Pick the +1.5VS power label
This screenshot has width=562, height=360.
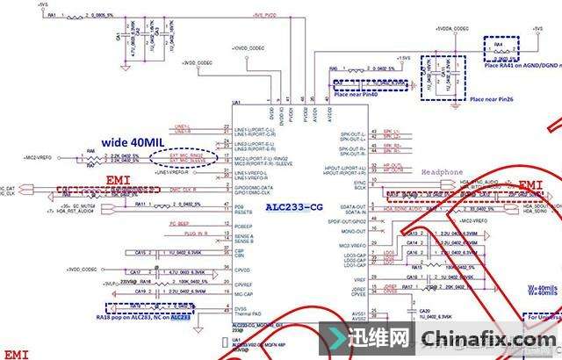401,58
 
